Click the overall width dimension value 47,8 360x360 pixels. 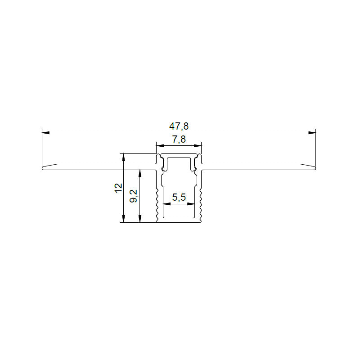pos(179,126)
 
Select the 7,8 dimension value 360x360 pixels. pos(179,139)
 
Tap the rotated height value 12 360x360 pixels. pos(118,188)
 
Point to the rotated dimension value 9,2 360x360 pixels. pos(134,196)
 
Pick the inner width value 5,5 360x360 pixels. pos(179,198)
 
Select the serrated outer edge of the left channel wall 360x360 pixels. pos(157,205)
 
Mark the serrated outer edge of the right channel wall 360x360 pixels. pos(201,205)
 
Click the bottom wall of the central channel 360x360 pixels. pos(179,220)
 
